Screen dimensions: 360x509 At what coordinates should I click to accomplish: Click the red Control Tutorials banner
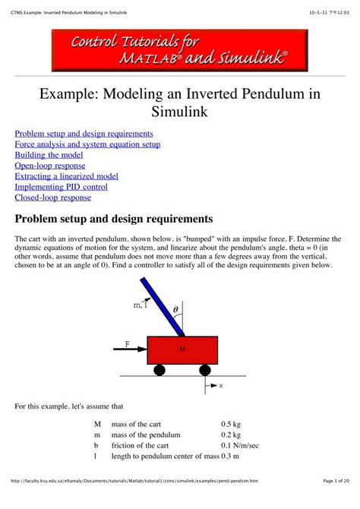[180, 50]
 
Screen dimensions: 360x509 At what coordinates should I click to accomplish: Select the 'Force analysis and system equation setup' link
[88, 144]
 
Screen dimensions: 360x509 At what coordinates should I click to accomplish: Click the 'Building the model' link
[49, 155]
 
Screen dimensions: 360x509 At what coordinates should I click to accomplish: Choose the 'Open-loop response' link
[50, 166]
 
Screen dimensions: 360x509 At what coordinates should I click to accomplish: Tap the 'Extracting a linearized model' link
[67, 176]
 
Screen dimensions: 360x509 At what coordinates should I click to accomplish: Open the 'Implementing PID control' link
[62, 187]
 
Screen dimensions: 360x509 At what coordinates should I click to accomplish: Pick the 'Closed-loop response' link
[53, 198]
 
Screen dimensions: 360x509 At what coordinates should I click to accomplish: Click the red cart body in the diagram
[182, 350]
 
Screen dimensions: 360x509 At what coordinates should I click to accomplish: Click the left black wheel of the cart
[159, 370]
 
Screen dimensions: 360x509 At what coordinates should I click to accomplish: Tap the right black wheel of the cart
[205, 370]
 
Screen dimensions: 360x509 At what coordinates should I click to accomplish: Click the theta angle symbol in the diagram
[175, 309]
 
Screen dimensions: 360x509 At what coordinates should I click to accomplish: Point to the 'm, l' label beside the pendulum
[140, 305]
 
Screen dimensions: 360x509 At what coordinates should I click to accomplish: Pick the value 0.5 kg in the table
[231, 422]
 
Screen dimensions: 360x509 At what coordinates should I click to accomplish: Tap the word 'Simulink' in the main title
[180, 112]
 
